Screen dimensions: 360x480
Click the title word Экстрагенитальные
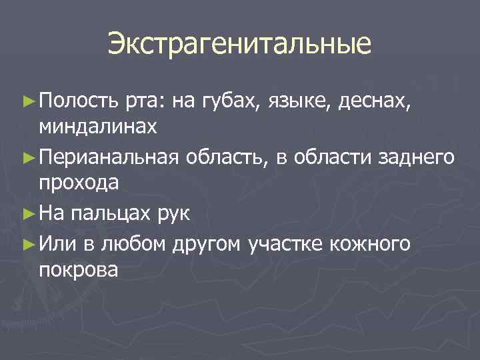coord(239,45)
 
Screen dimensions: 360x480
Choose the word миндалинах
coord(98,127)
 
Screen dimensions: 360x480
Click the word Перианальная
coord(109,157)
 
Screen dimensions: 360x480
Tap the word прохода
coord(79,184)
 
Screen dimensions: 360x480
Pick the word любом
coord(133,244)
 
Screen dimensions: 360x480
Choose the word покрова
coord(79,270)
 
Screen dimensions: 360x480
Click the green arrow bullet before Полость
coord(27,101)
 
